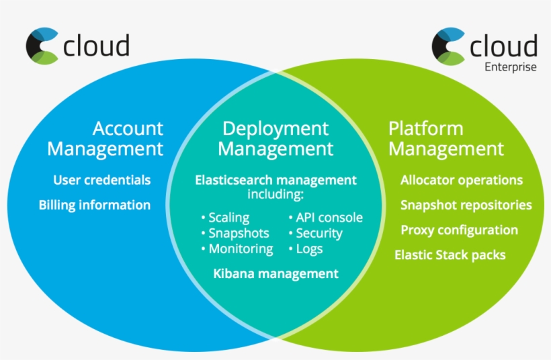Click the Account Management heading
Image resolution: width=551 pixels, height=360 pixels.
(105, 138)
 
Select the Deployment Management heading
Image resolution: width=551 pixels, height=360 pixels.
(275, 138)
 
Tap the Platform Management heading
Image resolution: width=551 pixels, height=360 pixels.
(446, 138)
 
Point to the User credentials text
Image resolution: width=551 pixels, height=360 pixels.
(101, 180)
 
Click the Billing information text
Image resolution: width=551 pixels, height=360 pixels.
(94, 205)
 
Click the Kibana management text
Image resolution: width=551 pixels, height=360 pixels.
(275, 273)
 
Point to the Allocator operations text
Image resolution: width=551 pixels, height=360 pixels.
(462, 180)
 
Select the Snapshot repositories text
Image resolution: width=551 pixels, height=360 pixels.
(466, 205)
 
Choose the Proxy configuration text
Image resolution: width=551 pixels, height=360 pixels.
(459, 230)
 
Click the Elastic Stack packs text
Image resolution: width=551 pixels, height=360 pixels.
(450, 255)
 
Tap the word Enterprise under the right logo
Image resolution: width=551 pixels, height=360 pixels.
(511, 66)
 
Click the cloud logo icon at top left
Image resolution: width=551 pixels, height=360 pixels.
(42, 46)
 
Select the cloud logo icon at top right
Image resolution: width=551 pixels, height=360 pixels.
(448, 46)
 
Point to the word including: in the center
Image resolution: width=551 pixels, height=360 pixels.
(275, 194)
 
